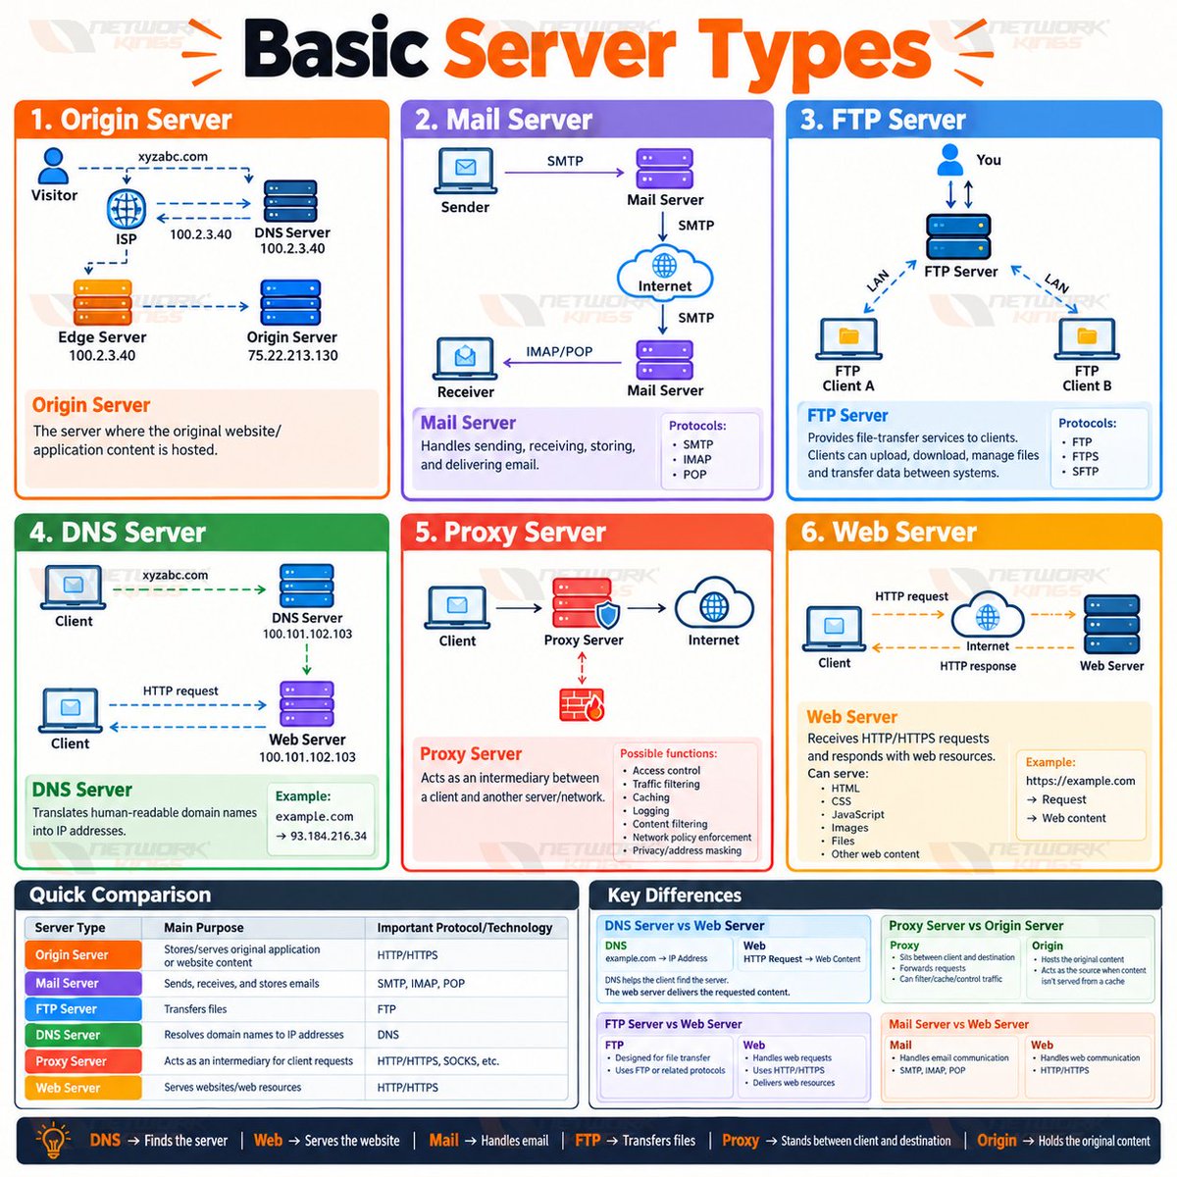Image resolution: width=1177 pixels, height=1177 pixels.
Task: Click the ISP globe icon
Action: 127,209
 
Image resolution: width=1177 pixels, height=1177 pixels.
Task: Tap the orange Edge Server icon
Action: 102,302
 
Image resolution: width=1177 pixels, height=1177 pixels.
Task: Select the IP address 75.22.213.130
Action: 292,355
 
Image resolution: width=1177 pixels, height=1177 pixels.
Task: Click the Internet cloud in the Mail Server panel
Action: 665,272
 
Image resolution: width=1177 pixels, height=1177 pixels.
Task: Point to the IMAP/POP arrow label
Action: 559,352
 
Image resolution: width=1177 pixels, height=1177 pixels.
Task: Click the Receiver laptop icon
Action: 465,359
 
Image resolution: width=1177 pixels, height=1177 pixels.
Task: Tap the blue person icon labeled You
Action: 950,160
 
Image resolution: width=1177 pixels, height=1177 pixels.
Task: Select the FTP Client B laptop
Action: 1087,339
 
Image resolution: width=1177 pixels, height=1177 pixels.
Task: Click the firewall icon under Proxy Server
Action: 582,705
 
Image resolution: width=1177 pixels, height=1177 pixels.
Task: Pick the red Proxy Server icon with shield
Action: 586,603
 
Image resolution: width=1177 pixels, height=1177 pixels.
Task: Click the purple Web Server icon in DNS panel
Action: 307,703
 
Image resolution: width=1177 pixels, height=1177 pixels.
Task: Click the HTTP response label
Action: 978,666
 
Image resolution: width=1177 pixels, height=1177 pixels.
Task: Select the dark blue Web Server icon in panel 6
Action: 1111,625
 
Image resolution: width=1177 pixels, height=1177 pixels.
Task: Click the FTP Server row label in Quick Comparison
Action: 82,1009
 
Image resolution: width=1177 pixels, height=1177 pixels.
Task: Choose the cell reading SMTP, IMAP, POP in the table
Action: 421,984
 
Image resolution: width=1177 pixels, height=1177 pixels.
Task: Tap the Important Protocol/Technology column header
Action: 465,928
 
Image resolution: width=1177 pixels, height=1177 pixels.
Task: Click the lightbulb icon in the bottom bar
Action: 53,1140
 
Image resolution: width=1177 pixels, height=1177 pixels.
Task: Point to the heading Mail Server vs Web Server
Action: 958,1024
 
